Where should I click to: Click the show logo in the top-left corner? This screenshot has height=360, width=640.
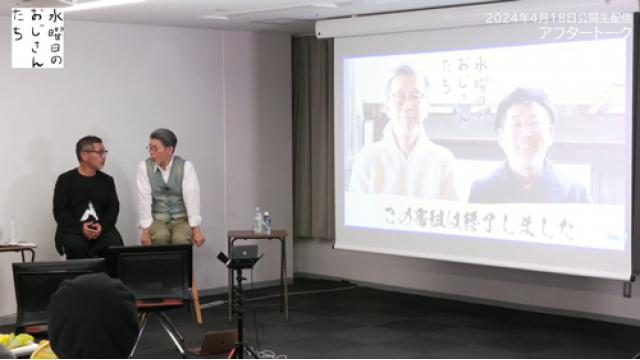coord(37,37)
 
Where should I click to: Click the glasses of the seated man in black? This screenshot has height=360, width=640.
coord(94,152)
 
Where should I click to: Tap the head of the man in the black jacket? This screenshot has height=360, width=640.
coord(91,151)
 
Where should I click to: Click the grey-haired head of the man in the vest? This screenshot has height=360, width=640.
coord(162,141)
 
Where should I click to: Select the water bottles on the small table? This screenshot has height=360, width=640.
coord(262,221)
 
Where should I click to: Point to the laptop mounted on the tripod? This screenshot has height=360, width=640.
coord(244,254)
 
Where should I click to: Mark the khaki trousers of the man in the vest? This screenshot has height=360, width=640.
coord(170,232)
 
